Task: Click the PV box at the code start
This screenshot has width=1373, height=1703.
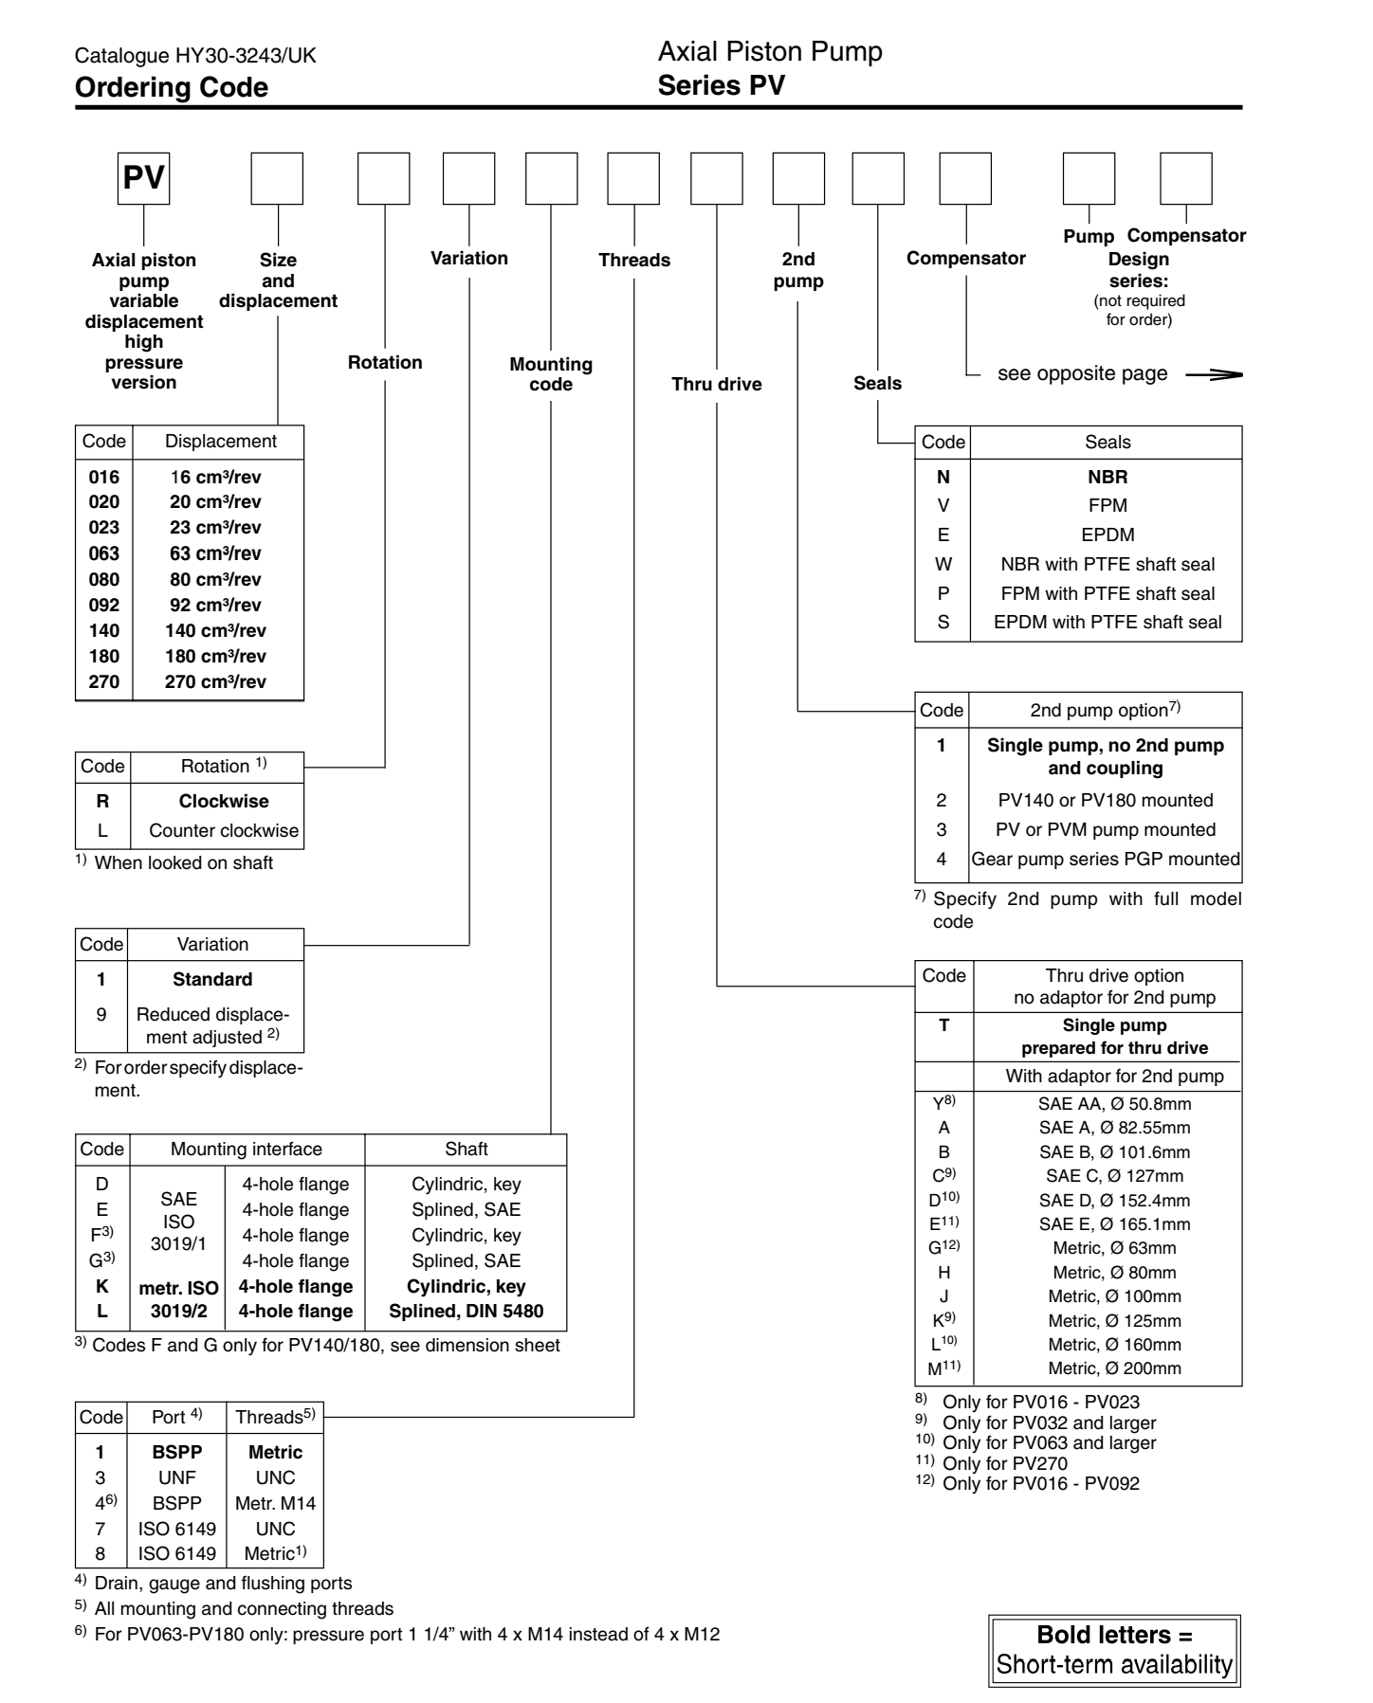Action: point(143,178)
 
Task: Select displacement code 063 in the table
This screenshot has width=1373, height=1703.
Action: point(104,553)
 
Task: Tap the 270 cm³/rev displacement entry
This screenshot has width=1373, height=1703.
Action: point(215,681)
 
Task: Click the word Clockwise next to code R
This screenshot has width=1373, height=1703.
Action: point(224,801)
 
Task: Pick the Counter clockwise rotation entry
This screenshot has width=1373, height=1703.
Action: point(224,831)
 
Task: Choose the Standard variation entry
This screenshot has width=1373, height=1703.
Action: point(212,979)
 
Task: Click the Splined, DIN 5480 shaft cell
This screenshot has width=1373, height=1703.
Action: point(466,1312)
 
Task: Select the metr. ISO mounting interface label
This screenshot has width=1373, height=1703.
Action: point(178,1287)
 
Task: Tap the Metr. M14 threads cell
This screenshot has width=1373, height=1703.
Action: point(275,1503)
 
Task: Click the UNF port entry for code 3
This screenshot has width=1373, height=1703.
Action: point(176,1477)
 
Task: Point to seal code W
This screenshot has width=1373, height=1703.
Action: point(943,564)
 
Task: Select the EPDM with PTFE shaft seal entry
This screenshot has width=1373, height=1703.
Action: point(1108,623)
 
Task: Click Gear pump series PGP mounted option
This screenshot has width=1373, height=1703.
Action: point(1106,860)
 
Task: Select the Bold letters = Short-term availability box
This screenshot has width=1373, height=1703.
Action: point(1114,1651)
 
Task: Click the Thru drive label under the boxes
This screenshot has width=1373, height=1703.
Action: point(717,384)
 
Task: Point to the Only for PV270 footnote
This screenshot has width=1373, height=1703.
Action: point(1005,1463)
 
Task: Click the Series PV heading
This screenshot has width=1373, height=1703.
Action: point(721,85)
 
